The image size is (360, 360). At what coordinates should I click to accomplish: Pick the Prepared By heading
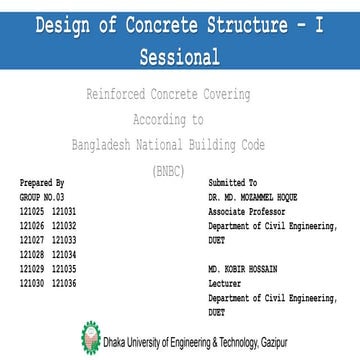[x=41, y=185]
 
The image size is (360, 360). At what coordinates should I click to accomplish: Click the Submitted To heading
[x=232, y=185]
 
